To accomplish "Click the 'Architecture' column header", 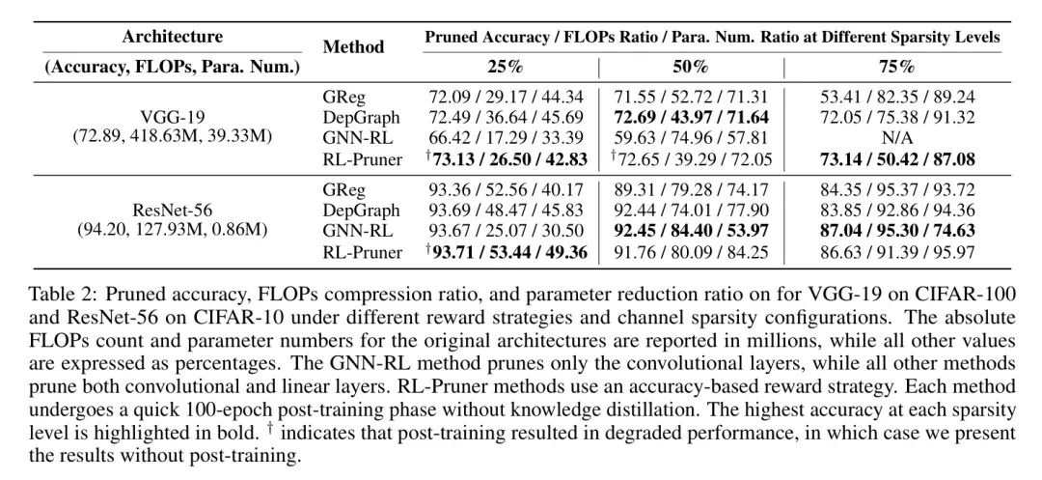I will [172, 38].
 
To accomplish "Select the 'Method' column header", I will [353, 46].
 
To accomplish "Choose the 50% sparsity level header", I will [692, 67].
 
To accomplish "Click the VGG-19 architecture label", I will [172, 116].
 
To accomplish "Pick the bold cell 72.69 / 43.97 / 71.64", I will [692, 117].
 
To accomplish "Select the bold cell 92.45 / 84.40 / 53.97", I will [692, 231].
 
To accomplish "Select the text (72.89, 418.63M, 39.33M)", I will [172, 137].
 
